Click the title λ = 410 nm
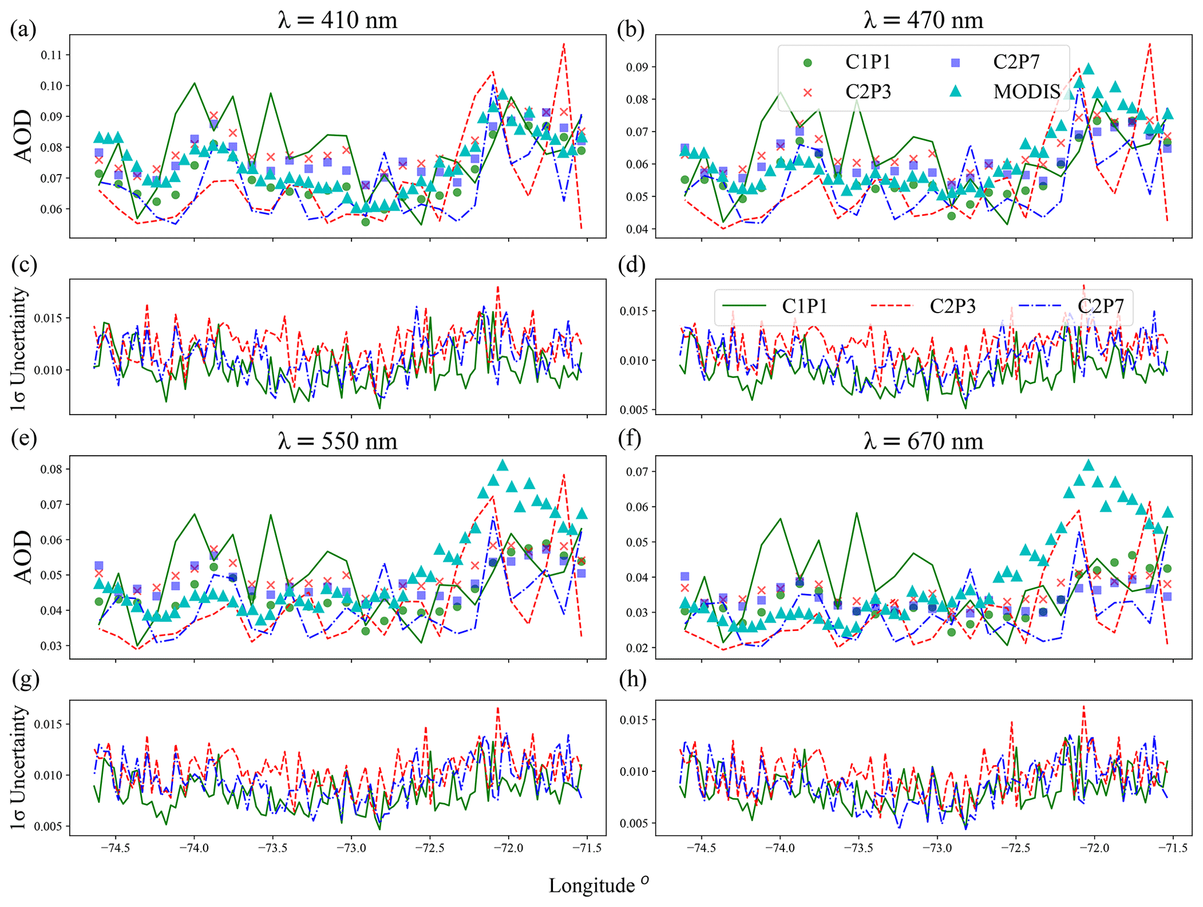coord(337,20)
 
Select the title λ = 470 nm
coord(923,20)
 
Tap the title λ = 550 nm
coord(337,441)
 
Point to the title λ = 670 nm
coord(923,441)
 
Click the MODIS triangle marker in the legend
coord(955,91)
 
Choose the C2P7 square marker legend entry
coord(955,62)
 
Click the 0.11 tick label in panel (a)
coord(51,55)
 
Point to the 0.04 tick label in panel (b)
coord(637,229)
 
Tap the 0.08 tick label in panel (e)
coord(51,469)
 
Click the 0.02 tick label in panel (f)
coord(637,648)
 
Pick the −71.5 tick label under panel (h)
coord(1172,848)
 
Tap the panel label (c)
coord(24,265)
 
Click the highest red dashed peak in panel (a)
coord(563,44)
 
